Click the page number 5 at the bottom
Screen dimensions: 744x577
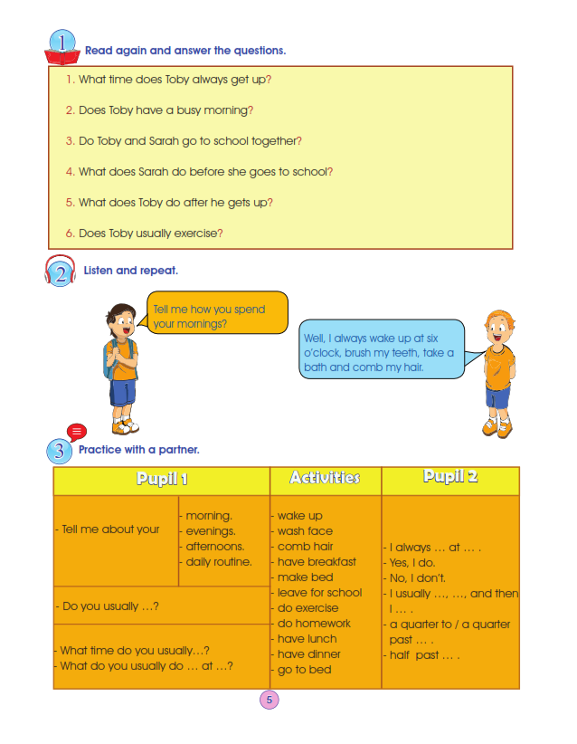[269, 699]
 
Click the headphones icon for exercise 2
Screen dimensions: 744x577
[59, 272]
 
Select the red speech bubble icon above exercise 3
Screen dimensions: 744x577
[77, 433]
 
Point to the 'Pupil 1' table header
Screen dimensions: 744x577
[162, 480]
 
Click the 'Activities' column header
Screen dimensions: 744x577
[325, 478]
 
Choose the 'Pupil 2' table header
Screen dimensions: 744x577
[449, 478]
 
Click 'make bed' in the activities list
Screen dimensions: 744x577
[306, 577]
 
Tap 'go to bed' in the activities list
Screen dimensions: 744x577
[305, 670]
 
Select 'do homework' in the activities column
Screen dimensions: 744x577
[314, 624]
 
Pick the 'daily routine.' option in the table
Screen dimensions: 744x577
[219, 562]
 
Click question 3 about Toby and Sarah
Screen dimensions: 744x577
[190, 141]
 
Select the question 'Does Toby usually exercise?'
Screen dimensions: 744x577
[150, 234]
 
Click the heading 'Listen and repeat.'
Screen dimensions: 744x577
[131, 271]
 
